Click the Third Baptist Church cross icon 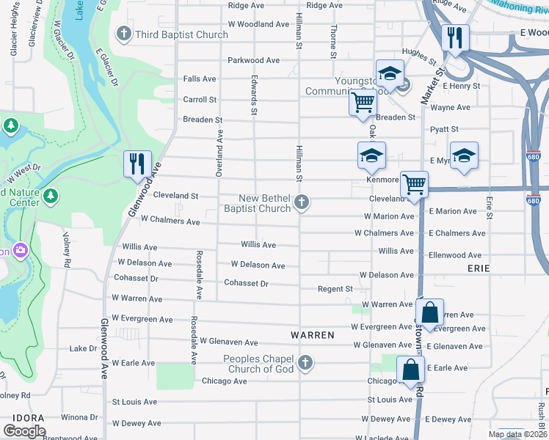click(x=125, y=34)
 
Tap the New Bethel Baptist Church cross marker click(x=302, y=202)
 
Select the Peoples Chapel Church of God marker click(x=305, y=362)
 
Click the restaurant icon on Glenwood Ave click(x=137, y=164)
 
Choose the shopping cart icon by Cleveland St click(x=415, y=185)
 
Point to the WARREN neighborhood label click(x=313, y=334)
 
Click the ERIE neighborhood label click(x=479, y=268)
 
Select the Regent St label click(x=335, y=289)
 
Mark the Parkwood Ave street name click(x=254, y=60)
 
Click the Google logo click(x=24, y=431)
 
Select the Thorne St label click(x=333, y=40)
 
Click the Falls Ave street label click(x=199, y=78)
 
